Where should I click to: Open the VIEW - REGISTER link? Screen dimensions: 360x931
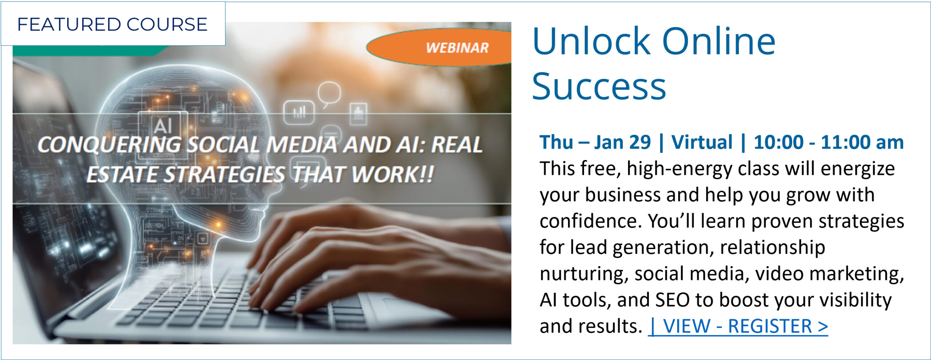pos(738,326)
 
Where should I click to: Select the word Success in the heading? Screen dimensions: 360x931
pos(599,87)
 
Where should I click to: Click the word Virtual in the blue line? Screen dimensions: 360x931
pos(702,142)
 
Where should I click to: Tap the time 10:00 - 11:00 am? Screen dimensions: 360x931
pos(828,142)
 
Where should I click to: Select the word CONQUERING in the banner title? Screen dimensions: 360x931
pos(109,145)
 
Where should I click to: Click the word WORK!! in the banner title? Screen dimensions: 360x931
pos(393,174)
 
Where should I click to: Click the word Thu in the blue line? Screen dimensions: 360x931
pos(556,142)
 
